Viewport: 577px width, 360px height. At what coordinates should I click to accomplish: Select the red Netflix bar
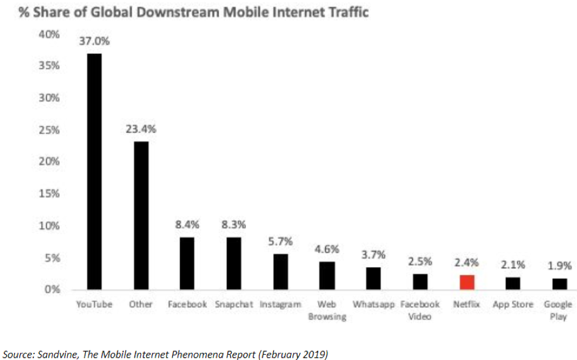467,282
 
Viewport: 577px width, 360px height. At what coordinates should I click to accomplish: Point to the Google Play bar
559,284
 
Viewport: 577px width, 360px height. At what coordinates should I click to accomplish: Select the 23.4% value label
140,128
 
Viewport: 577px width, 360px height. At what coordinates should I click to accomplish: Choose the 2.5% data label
420,261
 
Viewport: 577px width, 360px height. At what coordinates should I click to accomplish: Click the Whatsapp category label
374,304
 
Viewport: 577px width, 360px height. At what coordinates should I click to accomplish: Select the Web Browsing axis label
327,310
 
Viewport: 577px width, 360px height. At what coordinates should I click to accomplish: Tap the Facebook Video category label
420,310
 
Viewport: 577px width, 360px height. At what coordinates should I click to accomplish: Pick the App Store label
513,304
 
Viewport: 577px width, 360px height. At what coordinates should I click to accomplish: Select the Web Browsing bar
327,275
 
